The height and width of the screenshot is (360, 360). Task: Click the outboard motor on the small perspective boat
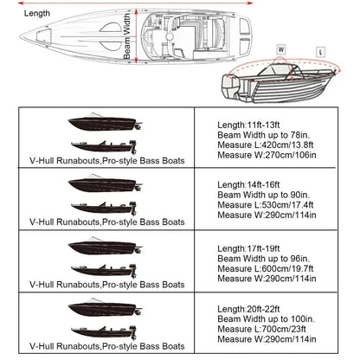pyautogui.click(x=227, y=87)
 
